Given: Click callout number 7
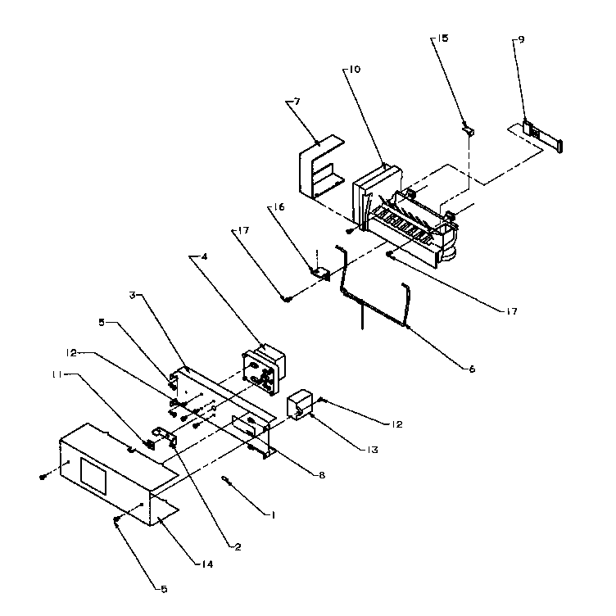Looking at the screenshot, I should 297,102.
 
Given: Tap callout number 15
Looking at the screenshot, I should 442,38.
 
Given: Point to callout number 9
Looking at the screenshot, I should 522,38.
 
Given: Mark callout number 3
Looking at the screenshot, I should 132,294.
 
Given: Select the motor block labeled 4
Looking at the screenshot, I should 263,367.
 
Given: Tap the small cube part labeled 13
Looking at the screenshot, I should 300,404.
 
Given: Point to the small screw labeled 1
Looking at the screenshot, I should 227,482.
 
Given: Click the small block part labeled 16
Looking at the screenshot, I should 319,271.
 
